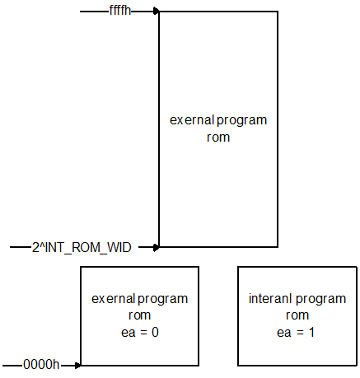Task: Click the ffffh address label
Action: [120, 11]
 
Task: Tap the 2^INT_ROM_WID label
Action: [82, 248]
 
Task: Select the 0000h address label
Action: [41, 365]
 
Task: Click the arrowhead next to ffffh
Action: [156, 12]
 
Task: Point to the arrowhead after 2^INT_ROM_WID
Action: [156, 247]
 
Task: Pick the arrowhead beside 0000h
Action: [77, 366]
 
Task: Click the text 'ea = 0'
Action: [140, 333]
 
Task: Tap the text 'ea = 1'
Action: [296, 333]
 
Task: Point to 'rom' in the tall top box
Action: [218, 137]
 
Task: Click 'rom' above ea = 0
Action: [139, 315]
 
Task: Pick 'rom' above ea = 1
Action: [297, 315]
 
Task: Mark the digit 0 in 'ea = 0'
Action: [155, 332]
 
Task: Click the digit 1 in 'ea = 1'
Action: [311, 332]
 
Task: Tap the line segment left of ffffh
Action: [95, 12]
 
